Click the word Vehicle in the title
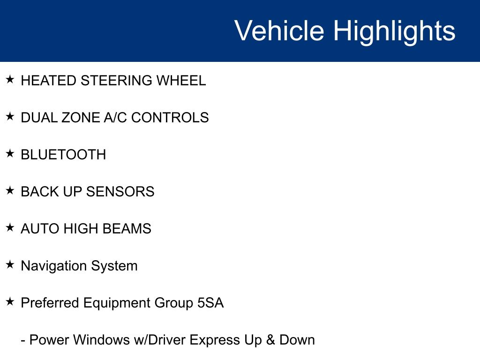tap(279, 30)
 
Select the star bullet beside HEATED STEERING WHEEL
tap(10, 79)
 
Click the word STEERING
tap(116, 81)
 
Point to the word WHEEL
tap(181, 81)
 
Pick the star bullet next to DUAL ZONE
tap(10, 116)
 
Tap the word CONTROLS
tap(170, 118)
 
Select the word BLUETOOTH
tap(63, 155)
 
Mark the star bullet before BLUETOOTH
tap(10, 153)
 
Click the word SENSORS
tap(120, 192)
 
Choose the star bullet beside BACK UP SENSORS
tap(10, 190)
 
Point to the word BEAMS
tap(127, 229)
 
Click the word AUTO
tap(40, 229)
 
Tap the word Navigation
tap(54, 266)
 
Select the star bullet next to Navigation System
tap(10, 264)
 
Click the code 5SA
tap(210, 303)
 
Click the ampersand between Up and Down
tap(270, 340)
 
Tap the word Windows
tap(102, 340)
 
